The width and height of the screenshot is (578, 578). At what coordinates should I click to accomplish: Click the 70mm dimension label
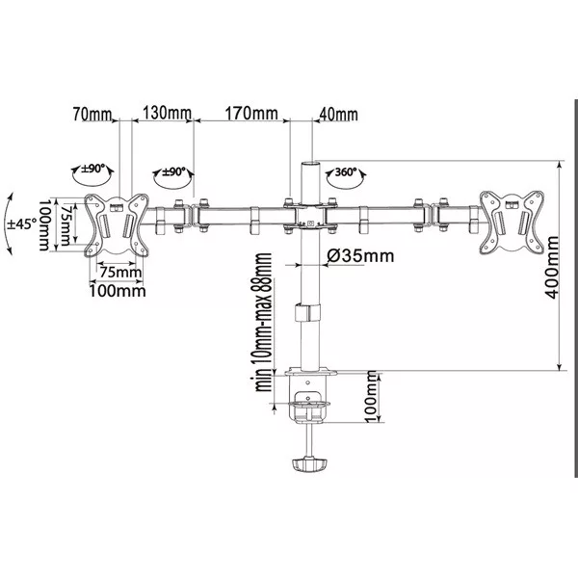(x=92, y=114)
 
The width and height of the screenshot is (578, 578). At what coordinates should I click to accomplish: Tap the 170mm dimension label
(x=251, y=113)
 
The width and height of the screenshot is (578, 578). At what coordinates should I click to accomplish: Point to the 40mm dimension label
(x=338, y=115)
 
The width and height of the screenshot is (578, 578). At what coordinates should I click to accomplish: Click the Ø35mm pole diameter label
(x=360, y=255)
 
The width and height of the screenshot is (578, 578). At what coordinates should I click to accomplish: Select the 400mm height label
(x=552, y=267)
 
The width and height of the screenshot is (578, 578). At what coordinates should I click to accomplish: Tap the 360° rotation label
(x=346, y=171)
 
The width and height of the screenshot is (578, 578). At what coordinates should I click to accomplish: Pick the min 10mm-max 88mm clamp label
(x=264, y=322)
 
